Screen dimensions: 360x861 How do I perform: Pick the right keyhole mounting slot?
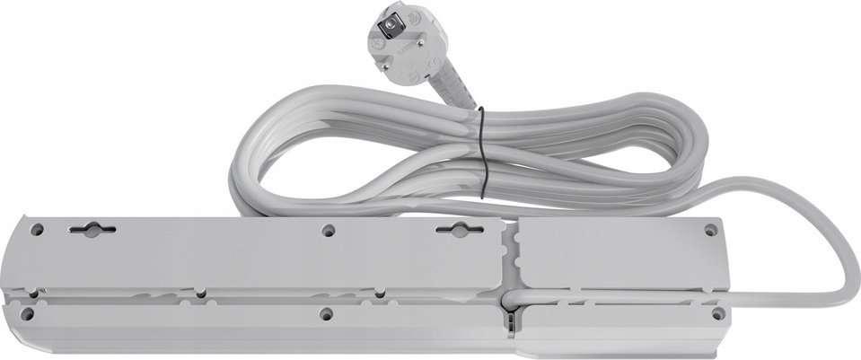pos(458,232)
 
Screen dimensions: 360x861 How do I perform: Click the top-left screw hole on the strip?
pos(37,230)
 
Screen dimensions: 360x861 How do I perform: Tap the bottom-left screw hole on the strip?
pos(30,314)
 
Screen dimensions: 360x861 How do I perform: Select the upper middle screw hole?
pos(328,230)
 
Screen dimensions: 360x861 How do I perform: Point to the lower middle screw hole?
pos(327,314)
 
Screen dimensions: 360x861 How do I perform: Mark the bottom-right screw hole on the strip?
pos(716,314)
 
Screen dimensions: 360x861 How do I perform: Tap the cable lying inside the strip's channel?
pos(611,294)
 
